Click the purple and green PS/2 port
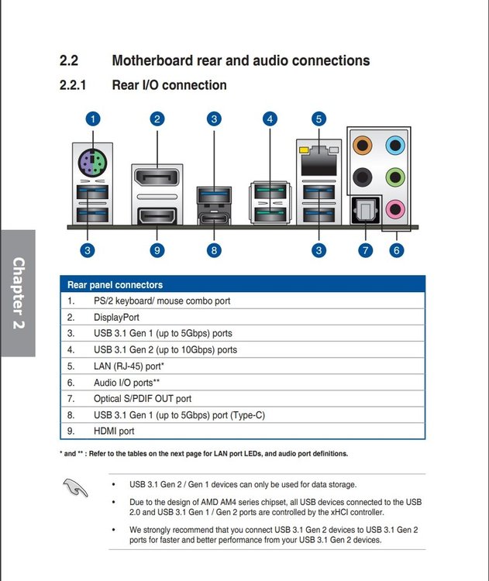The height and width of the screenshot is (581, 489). click(93, 163)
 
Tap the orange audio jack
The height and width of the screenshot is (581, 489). click(362, 145)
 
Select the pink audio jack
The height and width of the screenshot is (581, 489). click(395, 209)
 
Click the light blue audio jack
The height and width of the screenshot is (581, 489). click(395, 145)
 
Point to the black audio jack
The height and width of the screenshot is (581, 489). click(362, 177)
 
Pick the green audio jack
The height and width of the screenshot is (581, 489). click(395, 177)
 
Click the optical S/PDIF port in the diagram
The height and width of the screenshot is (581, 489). click(366, 211)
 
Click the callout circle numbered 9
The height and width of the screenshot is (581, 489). click(157, 250)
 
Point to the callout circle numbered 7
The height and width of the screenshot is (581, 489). click(366, 250)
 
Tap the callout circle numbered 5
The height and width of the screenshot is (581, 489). click(319, 119)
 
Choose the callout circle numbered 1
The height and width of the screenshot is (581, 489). click(93, 119)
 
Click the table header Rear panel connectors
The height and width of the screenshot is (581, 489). click(115, 284)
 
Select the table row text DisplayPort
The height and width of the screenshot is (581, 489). click(116, 317)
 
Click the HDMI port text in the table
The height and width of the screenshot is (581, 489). click(114, 431)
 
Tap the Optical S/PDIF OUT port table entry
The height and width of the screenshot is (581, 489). click(143, 399)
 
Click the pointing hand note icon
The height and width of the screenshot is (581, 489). click(75, 487)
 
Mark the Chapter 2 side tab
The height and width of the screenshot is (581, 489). click(18, 293)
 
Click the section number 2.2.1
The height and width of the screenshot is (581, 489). click(73, 85)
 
